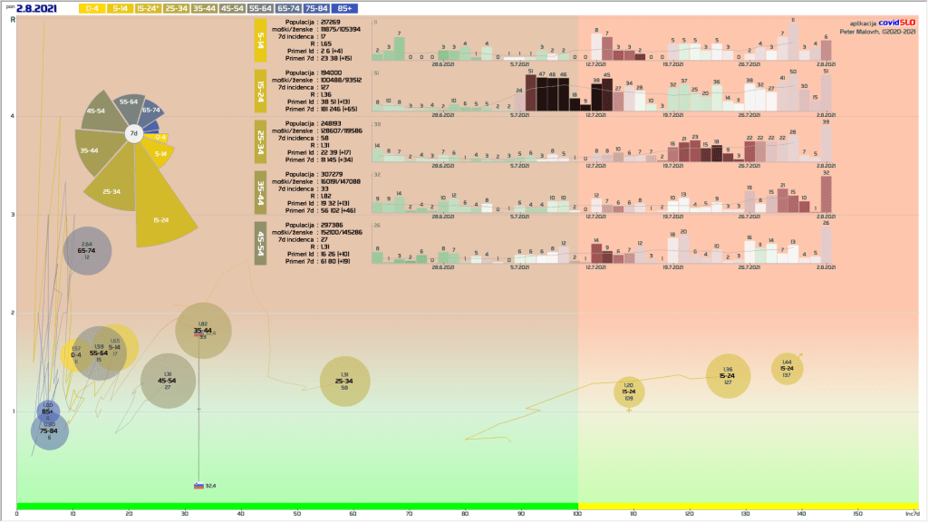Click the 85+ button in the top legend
(x=345, y=8)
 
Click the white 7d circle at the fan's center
(x=133, y=133)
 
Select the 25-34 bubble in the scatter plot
(x=345, y=382)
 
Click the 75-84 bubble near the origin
(x=50, y=431)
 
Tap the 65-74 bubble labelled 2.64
(x=87, y=251)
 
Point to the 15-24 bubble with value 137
(x=787, y=369)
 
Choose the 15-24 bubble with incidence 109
(x=629, y=391)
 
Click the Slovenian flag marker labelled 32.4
(x=198, y=486)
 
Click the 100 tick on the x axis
(x=577, y=515)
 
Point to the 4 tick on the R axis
(x=12, y=116)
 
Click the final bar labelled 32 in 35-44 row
(x=826, y=193)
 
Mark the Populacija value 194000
(x=331, y=72)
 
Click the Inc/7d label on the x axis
(x=912, y=515)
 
